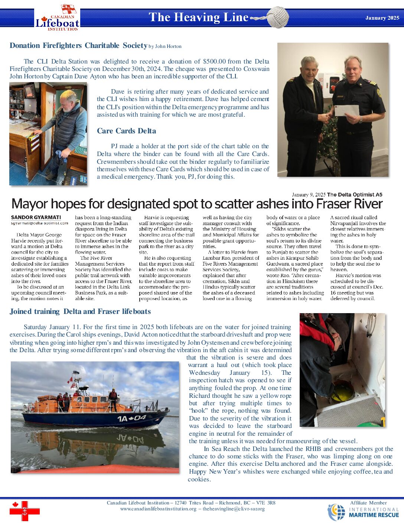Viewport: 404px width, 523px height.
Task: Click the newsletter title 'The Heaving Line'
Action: tap(198, 17)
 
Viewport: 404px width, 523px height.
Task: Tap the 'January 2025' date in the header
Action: tap(382, 18)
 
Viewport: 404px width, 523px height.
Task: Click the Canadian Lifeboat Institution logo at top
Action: tap(58, 19)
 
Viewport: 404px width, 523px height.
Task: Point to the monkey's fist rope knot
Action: tap(277, 17)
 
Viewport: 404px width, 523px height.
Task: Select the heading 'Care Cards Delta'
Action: tap(126, 131)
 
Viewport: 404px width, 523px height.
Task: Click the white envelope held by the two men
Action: tap(347, 110)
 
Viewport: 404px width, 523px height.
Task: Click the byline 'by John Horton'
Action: tap(165, 46)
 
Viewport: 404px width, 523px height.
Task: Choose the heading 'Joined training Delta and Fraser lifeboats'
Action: tap(80, 311)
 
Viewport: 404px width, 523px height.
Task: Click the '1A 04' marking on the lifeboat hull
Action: tap(131, 419)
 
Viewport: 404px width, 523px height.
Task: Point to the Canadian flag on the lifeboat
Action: tap(70, 380)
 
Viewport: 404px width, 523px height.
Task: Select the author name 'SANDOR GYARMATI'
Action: tap(36, 217)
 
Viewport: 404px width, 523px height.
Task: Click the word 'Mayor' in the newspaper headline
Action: tap(30, 204)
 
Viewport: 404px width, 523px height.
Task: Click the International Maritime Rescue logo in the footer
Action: tap(363, 512)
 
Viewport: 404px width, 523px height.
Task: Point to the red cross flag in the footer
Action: tap(25, 511)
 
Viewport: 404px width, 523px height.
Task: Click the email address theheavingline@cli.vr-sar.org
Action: tap(234, 509)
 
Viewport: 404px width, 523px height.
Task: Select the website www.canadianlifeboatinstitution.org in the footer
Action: tap(158, 509)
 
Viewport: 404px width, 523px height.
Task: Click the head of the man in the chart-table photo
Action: tap(67, 97)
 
